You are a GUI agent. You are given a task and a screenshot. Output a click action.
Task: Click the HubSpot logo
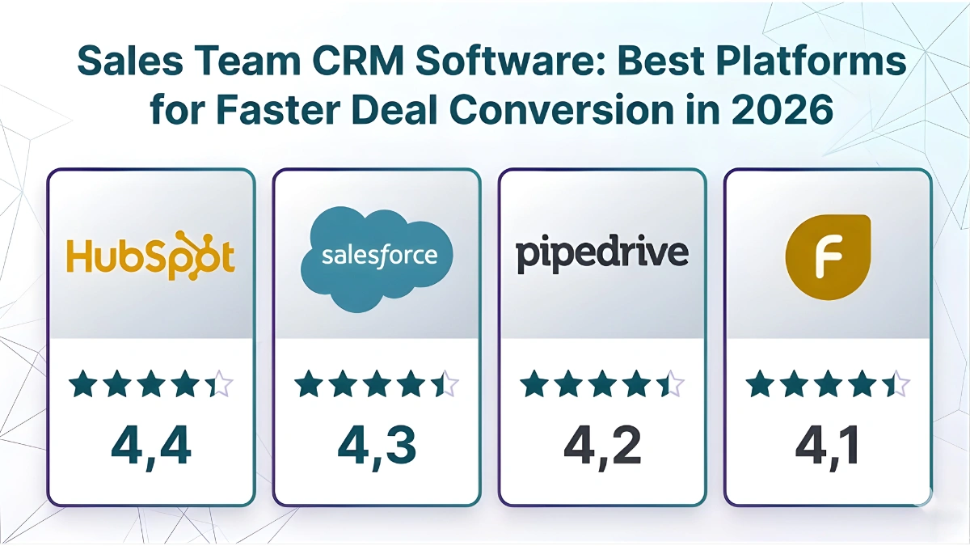pos(150,256)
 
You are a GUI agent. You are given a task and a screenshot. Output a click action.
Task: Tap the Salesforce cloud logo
pos(377,256)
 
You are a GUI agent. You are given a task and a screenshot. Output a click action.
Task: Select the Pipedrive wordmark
pos(602,253)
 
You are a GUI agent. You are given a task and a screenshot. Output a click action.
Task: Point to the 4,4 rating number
pos(151,445)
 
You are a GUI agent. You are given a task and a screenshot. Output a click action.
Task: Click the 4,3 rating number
pos(377,445)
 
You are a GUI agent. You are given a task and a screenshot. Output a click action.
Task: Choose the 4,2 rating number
pos(602,445)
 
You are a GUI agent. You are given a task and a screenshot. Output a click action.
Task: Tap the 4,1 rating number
pos(828,445)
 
